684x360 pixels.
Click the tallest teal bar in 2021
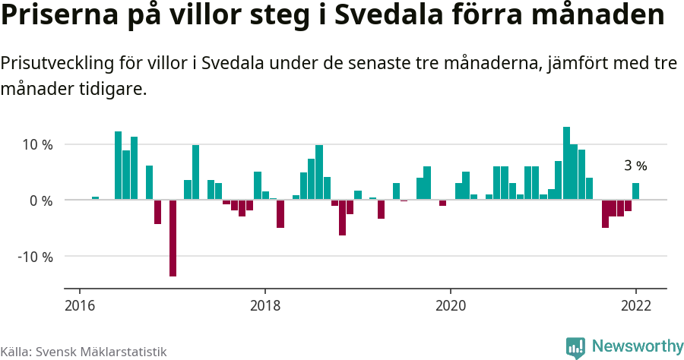click(566, 163)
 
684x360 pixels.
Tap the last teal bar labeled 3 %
click(635, 191)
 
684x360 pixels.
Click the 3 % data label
click(635, 166)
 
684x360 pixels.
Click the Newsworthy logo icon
click(575, 347)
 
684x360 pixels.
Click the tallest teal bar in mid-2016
click(119, 166)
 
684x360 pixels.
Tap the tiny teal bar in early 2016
click(95, 198)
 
